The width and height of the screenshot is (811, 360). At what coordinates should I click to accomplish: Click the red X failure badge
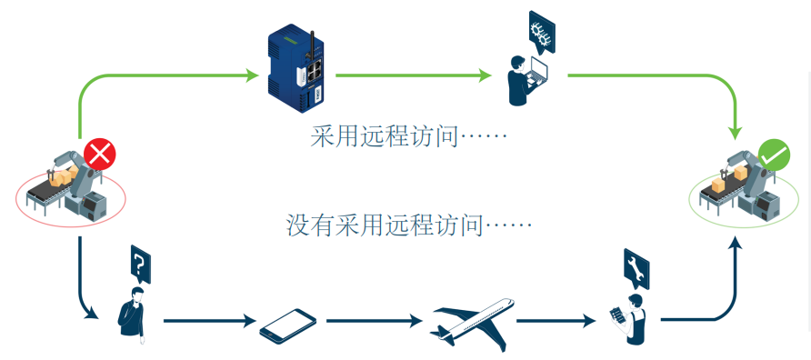click(99, 155)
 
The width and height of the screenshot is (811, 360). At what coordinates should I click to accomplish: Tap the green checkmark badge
click(774, 156)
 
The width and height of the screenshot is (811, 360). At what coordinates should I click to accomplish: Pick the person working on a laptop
click(524, 80)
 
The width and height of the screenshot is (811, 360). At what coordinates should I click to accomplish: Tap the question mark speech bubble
click(139, 264)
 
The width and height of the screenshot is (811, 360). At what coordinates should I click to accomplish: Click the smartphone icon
click(287, 324)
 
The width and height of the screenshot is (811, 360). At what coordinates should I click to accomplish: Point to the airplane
click(471, 321)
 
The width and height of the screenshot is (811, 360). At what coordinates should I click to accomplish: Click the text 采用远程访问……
click(408, 137)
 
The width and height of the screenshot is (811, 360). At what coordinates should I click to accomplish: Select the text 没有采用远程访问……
click(408, 224)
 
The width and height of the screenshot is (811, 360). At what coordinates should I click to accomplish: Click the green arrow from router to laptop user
click(413, 75)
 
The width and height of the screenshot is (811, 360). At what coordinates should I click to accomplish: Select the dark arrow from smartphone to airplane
click(374, 321)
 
